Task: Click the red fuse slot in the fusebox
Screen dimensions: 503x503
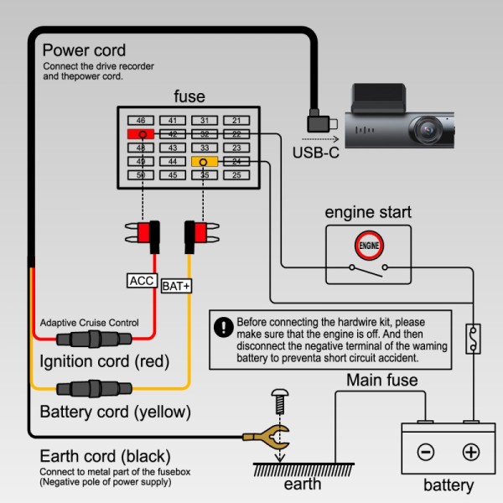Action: click(x=141, y=134)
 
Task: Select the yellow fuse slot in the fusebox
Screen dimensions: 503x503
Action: click(x=205, y=161)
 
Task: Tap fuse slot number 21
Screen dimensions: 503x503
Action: click(x=236, y=120)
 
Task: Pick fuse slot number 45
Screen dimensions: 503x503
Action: click(x=173, y=175)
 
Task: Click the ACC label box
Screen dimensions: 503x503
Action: click(x=143, y=280)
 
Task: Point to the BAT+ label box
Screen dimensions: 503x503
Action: click(x=176, y=286)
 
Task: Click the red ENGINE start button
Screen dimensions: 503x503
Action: click(x=369, y=246)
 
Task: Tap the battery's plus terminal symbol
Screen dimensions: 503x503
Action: click(x=471, y=452)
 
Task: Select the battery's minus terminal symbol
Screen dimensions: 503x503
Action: click(x=426, y=452)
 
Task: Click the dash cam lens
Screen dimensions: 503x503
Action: click(x=428, y=130)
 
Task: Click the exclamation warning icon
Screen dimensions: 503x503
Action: click(x=223, y=327)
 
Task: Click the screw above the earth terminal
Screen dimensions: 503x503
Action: click(x=280, y=402)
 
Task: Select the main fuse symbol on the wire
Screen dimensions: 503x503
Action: click(x=473, y=339)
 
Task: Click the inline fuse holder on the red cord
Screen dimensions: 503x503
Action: click(x=94, y=339)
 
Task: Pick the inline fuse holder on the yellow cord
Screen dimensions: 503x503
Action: click(x=94, y=388)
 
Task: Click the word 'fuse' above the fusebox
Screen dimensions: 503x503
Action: click(x=189, y=96)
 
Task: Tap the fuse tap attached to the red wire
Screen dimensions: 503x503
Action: click(x=143, y=236)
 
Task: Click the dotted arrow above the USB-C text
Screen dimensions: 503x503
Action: click(x=320, y=139)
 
